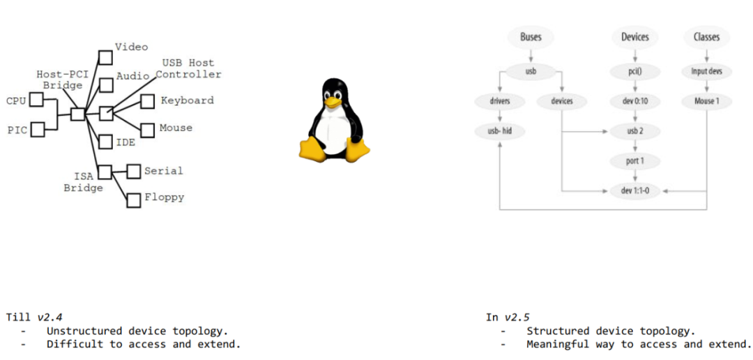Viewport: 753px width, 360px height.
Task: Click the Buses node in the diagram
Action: pyautogui.click(x=531, y=37)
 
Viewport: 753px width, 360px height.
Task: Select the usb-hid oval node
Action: pyautogui.click(x=500, y=130)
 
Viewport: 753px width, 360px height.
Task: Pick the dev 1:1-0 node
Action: pyautogui.click(x=634, y=190)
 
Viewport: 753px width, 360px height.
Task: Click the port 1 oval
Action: pyautogui.click(x=634, y=161)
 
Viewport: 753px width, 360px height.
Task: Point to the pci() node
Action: pyautogui.click(x=634, y=71)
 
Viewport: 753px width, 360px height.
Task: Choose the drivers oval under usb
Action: pyautogui.click(x=500, y=101)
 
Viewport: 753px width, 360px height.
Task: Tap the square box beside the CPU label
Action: pyautogui.click(x=36, y=101)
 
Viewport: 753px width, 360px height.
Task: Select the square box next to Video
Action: pyautogui.click(x=105, y=57)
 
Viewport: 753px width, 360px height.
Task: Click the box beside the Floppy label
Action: pyautogui.click(x=134, y=200)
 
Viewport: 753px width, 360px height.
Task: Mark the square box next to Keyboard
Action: pyautogui.click(x=147, y=102)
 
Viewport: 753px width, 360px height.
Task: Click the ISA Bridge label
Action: pyautogui.click(x=84, y=182)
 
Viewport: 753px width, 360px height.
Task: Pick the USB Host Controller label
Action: pyautogui.click(x=188, y=68)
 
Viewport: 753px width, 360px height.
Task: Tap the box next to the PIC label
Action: pyautogui.click(x=38, y=129)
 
